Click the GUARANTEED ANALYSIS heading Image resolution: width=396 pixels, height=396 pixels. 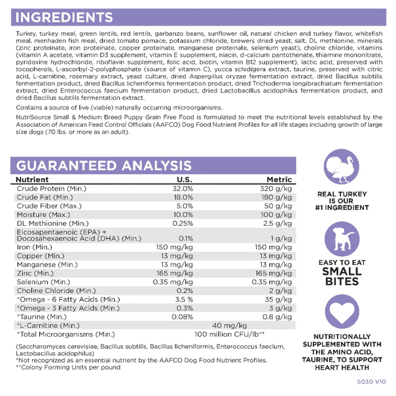(x=104, y=165)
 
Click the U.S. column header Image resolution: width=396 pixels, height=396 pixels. (x=185, y=179)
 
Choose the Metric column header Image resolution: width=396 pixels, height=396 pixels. (x=279, y=179)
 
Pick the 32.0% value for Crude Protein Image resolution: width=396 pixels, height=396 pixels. (x=183, y=189)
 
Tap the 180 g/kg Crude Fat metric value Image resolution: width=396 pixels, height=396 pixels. (x=276, y=198)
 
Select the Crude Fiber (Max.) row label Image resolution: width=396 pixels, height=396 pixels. (x=49, y=206)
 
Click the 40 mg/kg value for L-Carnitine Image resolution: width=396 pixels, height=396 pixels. (x=229, y=325)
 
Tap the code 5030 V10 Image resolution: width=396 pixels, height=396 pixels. (x=370, y=383)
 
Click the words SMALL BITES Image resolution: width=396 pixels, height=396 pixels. (x=342, y=276)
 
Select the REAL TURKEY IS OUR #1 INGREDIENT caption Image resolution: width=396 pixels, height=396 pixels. (x=342, y=201)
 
